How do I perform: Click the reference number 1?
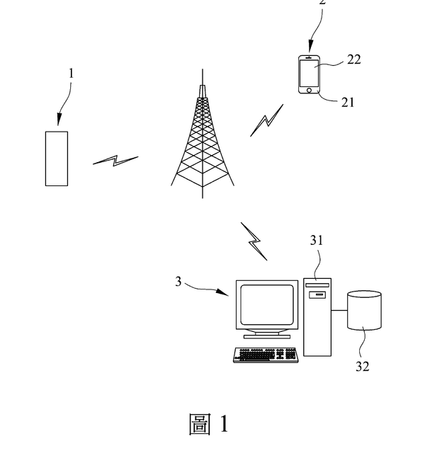tap(71, 73)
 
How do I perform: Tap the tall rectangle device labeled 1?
tap(57, 158)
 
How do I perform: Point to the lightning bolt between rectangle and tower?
tap(115, 161)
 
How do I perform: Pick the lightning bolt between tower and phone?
tap(266, 121)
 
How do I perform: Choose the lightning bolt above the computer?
tap(254, 241)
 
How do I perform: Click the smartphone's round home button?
tap(309, 91)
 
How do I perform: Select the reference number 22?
tap(353, 59)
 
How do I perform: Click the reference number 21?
tap(348, 102)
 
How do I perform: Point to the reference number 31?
tap(317, 241)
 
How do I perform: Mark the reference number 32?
tap(363, 367)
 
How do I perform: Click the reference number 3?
tap(179, 282)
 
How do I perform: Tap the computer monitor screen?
tap(266, 304)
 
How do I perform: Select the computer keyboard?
tap(266, 355)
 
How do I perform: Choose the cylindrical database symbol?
tap(364, 311)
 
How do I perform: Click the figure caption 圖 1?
tap(209, 424)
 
